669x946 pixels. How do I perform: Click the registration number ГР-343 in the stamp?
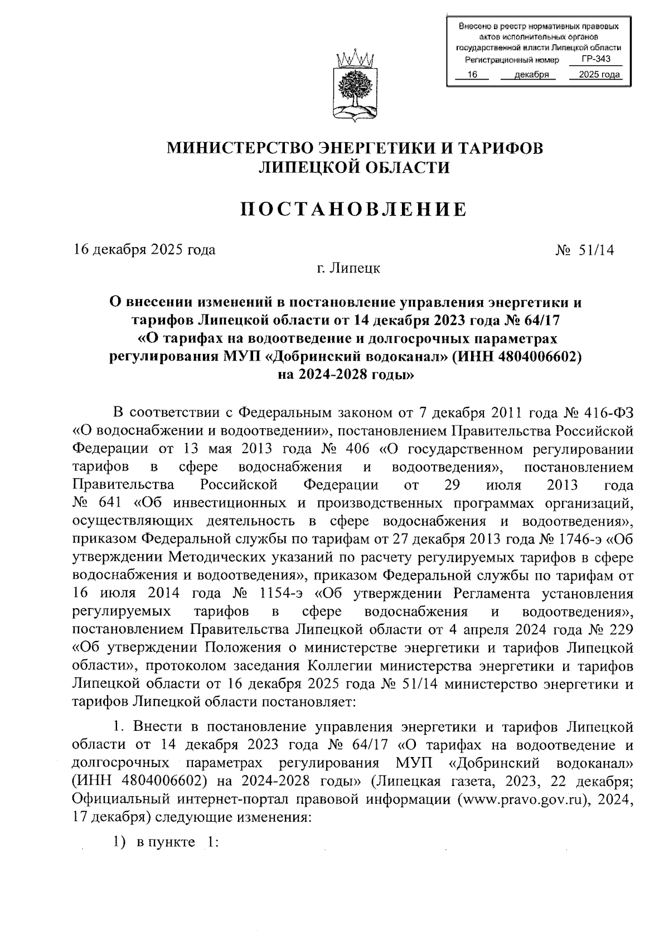(x=595, y=60)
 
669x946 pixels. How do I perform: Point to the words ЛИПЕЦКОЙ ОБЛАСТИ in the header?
(x=355, y=167)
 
